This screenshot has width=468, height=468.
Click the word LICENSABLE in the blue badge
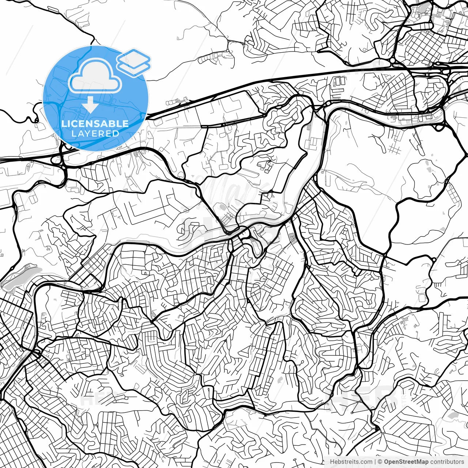point(95,124)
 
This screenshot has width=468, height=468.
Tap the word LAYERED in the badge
point(95,133)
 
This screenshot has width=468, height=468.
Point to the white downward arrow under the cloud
point(90,105)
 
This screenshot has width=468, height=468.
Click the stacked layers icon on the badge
point(133,62)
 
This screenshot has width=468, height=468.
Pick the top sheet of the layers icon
point(133,58)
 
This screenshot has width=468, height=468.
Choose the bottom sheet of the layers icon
point(133,68)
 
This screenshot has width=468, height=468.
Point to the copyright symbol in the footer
point(380,462)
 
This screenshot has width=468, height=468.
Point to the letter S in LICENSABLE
point(98,124)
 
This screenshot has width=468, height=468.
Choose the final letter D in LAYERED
point(116,133)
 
